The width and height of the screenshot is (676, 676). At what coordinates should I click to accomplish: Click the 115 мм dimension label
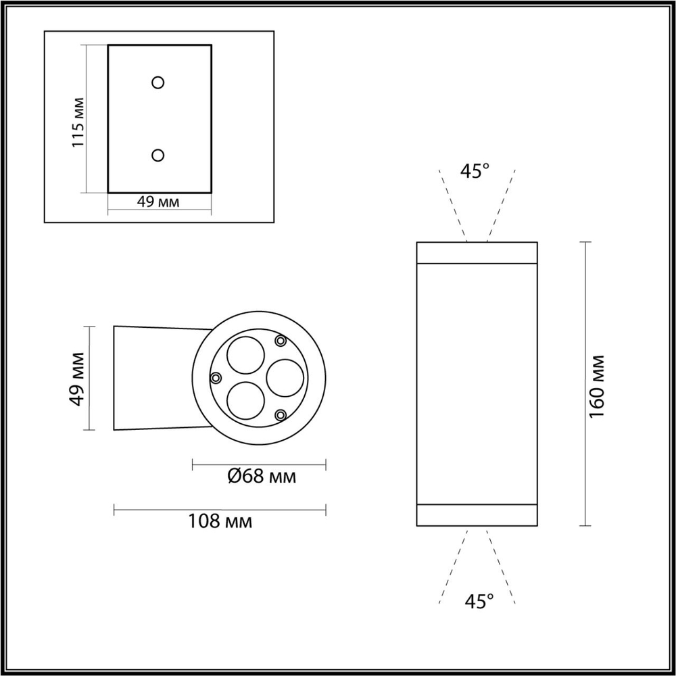pyautogui.click(x=78, y=122)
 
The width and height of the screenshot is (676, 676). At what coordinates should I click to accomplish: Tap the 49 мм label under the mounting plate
pyautogui.click(x=158, y=202)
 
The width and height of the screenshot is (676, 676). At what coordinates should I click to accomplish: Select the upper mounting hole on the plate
pyautogui.click(x=158, y=82)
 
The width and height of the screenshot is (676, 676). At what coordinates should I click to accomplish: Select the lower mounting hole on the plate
pyautogui.click(x=158, y=155)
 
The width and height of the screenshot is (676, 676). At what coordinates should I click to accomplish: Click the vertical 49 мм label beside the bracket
pyautogui.click(x=78, y=379)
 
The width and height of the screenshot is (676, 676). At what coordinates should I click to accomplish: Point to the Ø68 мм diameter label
pyautogui.click(x=260, y=477)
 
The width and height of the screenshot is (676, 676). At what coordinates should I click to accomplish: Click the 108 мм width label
pyautogui.click(x=220, y=521)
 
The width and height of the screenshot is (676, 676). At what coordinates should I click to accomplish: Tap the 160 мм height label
pyautogui.click(x=597, y=385)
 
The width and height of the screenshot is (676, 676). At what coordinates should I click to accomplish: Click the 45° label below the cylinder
pyautogui.click(x=479, y=601)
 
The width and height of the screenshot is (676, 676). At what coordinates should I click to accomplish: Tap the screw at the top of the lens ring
pyautogui.click(x=280, y=341)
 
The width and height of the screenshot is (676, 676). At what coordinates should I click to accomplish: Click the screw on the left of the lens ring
pyautogui.click(x=216, y=378)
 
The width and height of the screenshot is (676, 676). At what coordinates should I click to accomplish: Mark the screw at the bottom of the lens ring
pyautogui.click(x=281, y=414)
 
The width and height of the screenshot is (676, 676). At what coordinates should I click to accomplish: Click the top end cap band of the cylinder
pyautogui.click(x=477, y=252)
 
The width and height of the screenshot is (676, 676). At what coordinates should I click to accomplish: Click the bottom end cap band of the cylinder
pyautogui.click(x=477, y=515)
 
